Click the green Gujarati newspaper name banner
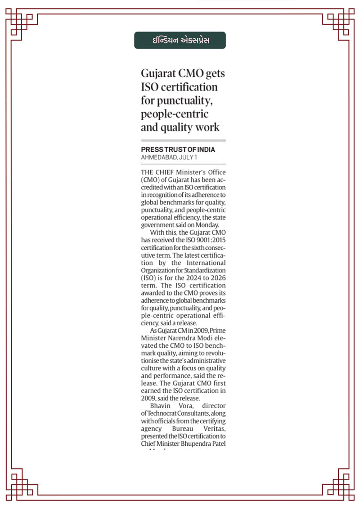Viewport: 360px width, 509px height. point(180,41)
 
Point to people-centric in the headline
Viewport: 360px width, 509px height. point(175,114)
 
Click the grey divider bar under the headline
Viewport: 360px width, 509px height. point(183,140)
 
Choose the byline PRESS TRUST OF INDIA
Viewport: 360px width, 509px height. point(178,149)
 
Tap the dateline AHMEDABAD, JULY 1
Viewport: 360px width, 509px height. point(165,156)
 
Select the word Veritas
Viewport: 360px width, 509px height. point(214,428)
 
